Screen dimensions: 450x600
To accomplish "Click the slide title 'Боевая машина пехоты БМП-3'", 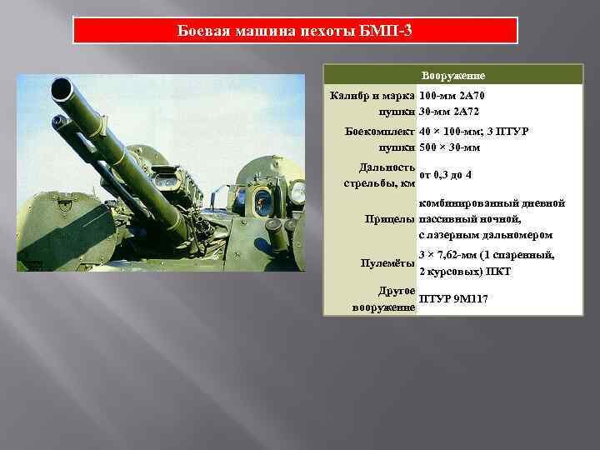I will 295,31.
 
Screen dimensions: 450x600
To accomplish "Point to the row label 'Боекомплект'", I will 380,132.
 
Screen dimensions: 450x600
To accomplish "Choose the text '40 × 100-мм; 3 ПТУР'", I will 474,132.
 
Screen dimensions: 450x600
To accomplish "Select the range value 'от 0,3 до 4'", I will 446,174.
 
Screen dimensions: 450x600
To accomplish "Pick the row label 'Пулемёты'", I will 387,263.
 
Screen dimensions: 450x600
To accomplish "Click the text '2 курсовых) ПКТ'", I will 465,272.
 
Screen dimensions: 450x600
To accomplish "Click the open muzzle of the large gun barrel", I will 62,87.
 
